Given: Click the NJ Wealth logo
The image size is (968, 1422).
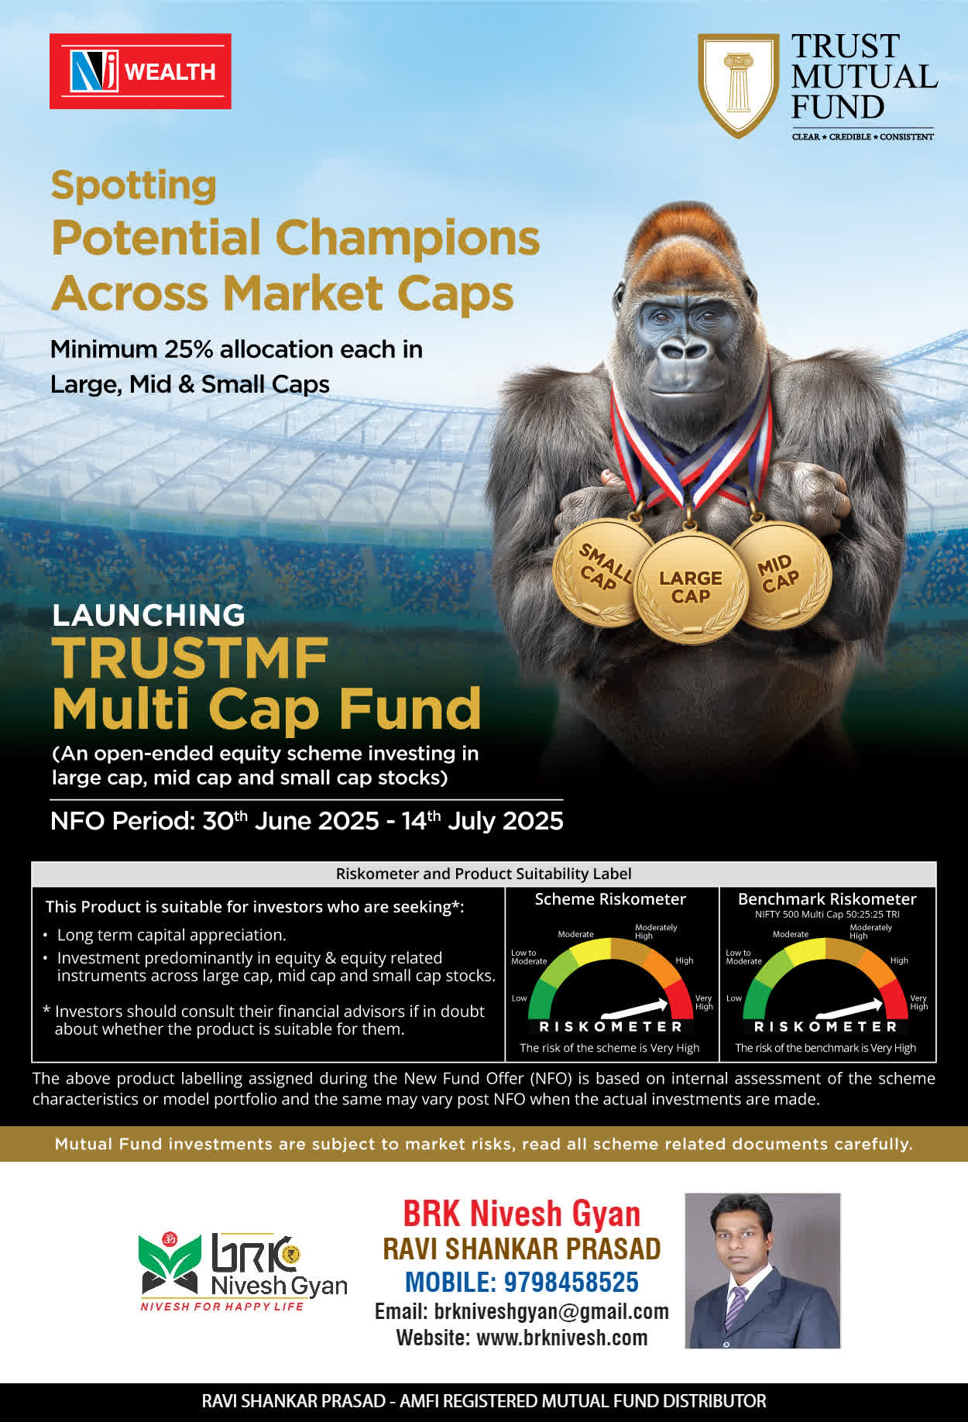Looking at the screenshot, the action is [x=140, y=71].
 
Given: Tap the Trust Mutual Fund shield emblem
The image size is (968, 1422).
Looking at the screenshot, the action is [x=739, y=85].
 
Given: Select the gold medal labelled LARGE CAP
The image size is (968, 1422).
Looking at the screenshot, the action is [x=691, y=587].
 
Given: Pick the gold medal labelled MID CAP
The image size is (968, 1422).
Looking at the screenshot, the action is [x=781, y=574].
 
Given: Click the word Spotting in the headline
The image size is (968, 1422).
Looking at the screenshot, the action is [x=134, y=187].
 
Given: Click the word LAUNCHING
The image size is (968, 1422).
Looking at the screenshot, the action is [x=149, y=615].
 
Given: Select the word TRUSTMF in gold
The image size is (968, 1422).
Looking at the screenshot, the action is [x=191, y=658].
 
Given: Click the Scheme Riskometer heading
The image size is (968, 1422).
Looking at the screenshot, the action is [x=610, y=899].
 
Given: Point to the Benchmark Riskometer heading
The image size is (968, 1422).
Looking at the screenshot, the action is [x=827, y=899].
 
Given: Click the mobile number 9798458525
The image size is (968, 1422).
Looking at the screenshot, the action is [x=572, y=1283].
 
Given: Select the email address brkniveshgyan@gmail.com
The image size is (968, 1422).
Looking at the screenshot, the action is [x=551, y=1311].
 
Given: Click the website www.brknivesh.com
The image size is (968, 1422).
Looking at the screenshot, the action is [x=561, y=1338].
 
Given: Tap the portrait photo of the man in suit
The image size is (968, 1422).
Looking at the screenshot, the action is [x=763, y=1271].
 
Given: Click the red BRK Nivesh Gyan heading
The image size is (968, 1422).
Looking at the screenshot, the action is [x=522, y=1214].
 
